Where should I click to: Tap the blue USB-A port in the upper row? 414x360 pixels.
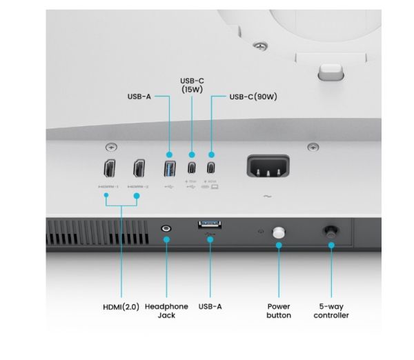tap(170, 169)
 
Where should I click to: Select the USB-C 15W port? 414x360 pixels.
tap(191, 169)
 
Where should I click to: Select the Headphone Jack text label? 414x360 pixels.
tap(166, 310)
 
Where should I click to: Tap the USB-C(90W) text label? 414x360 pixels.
tap(253, 97)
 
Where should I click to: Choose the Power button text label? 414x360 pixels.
tap(279, 310)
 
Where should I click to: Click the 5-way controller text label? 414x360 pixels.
tap(331, 310)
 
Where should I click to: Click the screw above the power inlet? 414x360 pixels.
tap(313, 147)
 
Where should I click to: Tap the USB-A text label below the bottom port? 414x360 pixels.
tap(210, 306)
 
